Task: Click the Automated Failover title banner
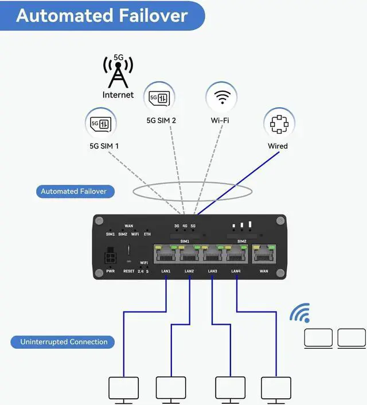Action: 102,15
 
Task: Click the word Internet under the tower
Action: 118,95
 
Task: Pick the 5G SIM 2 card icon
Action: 160,98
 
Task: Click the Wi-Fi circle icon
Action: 221,96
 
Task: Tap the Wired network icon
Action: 279,123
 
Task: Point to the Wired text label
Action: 278,146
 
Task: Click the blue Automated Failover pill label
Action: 74,191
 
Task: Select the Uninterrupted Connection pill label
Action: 64,342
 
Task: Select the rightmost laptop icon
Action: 351,338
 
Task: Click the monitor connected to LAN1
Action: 123,388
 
